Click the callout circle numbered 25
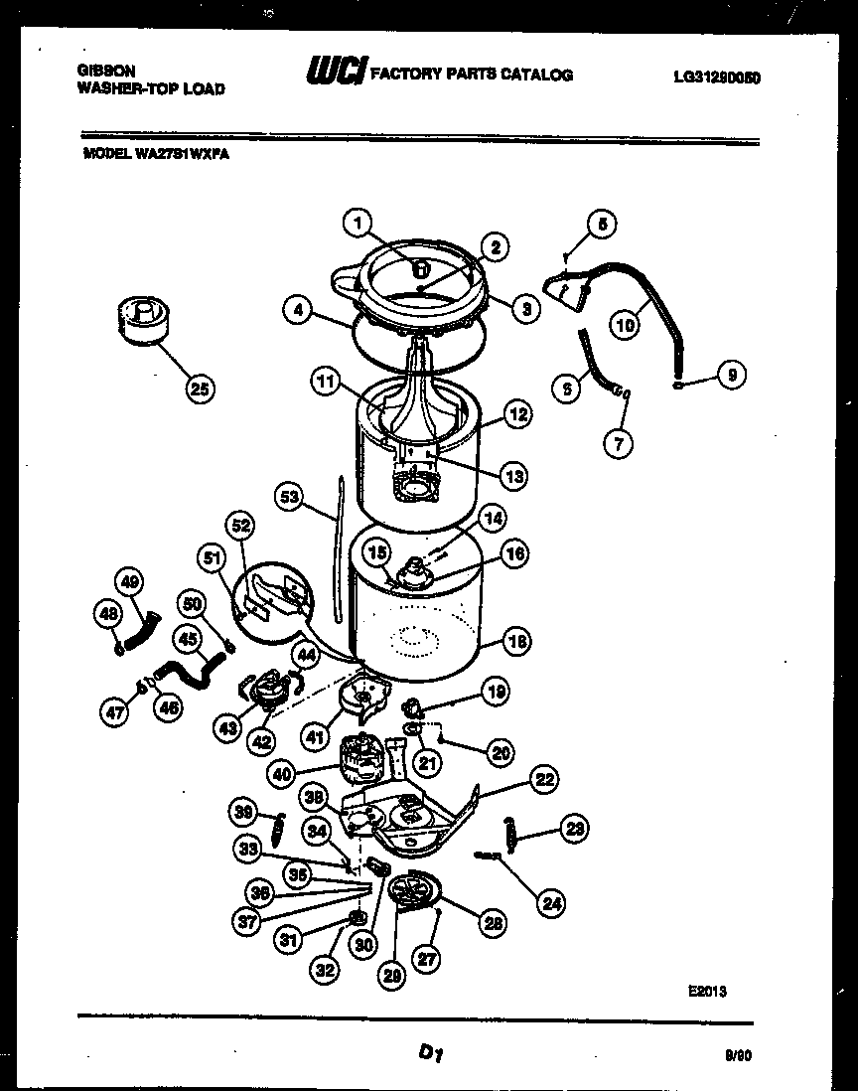click(x=200, y=389)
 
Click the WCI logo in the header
click(x=336, y=73)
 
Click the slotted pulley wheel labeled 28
click(x=410, y=889)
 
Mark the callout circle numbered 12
click(x=516, y=415)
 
